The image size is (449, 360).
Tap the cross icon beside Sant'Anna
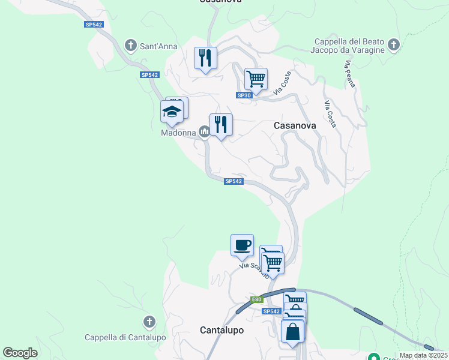(x=130, y=45)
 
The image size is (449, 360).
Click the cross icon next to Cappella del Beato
(x=393, y=45)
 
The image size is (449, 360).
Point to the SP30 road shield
(x=244, y=95)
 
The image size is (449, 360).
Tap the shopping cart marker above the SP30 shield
(x=256, y=79)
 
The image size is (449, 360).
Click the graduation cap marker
(x=172, y=112)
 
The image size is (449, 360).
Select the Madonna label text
(x=178, y=133)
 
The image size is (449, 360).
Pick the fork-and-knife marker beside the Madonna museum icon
(x=221, y=124)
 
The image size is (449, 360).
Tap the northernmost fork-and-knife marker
(x=205, y=58)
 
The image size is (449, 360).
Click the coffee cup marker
(x=242, y=245)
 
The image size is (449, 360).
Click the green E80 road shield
(x=256, y=299)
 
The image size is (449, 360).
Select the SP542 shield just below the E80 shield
(x=271, y=311)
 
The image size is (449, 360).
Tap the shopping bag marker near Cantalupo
(x=292, y=331)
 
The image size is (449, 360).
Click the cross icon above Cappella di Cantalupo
(x=149, y=322)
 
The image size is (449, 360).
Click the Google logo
(x=20, y=353)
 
